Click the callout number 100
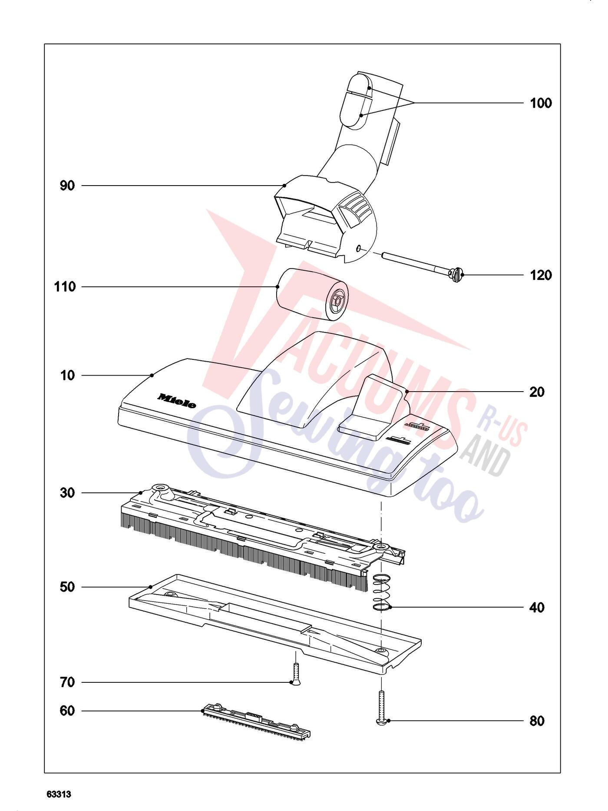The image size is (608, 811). pos(541,103)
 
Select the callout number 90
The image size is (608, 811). pos(67,186)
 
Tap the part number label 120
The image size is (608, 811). pos(541,275)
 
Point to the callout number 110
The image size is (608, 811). pos(65,287)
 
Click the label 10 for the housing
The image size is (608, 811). pos(68,375)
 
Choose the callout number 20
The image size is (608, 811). pos(537,392)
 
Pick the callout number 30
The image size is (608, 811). pos(67,493)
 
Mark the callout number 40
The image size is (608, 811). pos(537,607)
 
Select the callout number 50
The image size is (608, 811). pos(67,587)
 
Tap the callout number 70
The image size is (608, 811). pos(67,682)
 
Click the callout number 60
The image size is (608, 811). pos(67,711)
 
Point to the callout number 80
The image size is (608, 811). pos(537,721)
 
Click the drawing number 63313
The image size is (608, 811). pos(59,794)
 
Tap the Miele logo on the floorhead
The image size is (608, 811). pos(177,401)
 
